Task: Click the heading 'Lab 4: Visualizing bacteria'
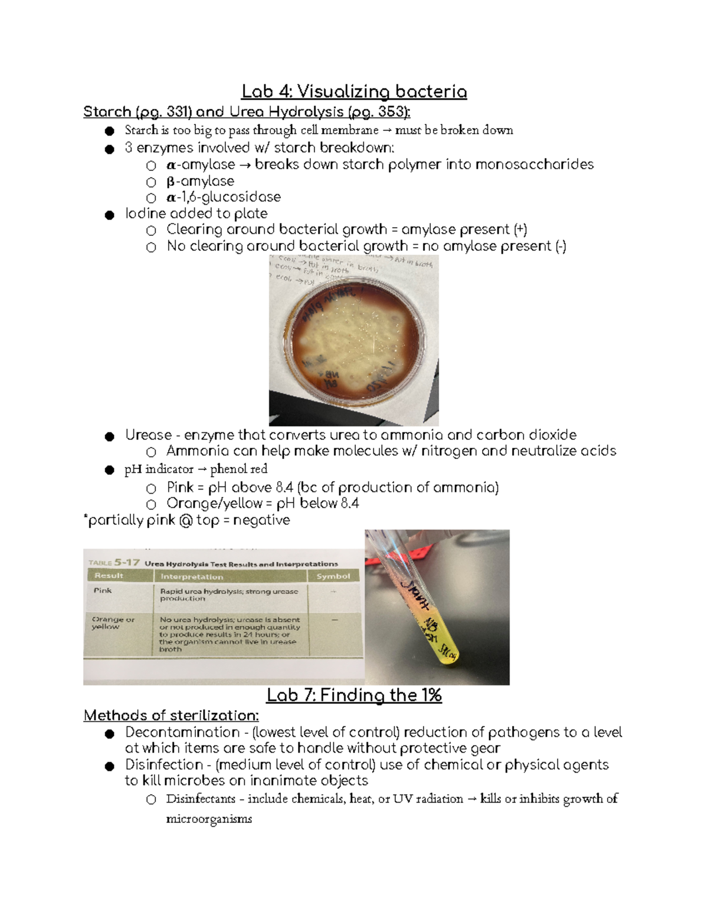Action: click(x=354, y=92)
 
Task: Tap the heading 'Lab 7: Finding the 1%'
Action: click(x=354, y=695)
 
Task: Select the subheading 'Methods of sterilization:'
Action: click(x=171, y=715)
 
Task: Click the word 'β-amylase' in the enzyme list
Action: click(x=200, y=181)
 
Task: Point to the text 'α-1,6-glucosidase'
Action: click(x=224, y=197)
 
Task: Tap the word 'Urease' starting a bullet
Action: click(x=148, y=435)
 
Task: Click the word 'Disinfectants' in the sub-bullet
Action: click(x=201, y=799)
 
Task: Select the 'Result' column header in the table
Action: click(x=109, y=576)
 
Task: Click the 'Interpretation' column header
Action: click(x=192, y=576)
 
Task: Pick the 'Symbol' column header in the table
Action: click(x=333, y=576)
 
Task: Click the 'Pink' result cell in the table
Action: click(x=102, y=590)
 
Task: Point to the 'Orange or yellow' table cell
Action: click(x=113, y=623)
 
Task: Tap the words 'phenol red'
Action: click(x=238, y=469)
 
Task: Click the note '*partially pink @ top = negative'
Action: click(x=188, y=520)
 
